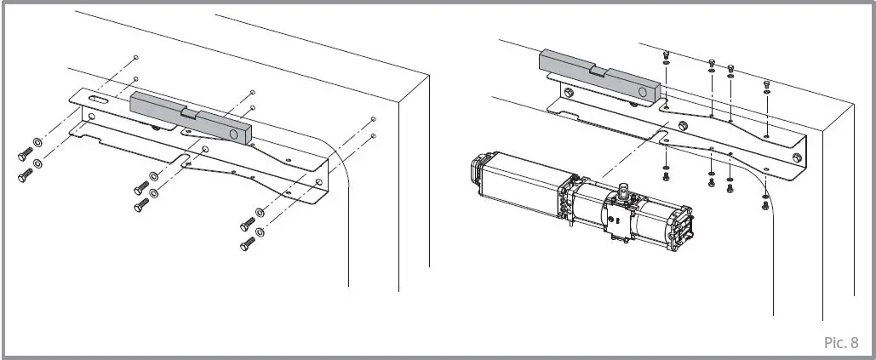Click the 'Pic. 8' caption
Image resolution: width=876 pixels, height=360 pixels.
coord(841,342)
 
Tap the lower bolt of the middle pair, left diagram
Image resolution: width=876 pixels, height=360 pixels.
coord(140,206)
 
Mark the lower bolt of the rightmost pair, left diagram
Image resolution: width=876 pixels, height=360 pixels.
coord(246,243)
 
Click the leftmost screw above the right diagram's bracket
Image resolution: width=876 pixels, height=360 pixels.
coord(665,54)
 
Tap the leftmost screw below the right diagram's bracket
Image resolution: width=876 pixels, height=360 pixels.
coord(666,176)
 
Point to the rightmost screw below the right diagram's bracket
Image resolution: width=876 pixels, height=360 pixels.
coord(764,206)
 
